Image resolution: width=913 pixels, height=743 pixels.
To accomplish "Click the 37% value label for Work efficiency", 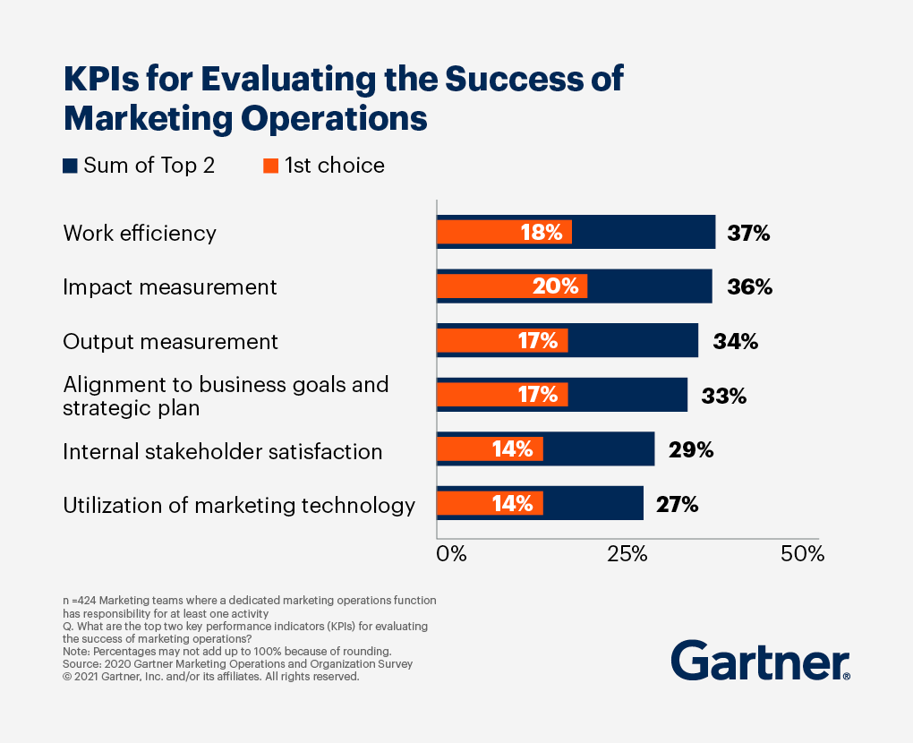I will pos(748,233).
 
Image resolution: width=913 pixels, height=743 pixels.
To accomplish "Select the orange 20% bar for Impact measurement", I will pos(511,286).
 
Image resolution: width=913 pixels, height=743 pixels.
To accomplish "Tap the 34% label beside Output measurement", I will pos(736,341).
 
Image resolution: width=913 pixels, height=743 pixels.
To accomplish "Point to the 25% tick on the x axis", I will pos(627,554).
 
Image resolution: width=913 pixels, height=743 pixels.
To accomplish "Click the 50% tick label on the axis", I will pos(802,554).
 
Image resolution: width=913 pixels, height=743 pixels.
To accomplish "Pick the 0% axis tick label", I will pos(451,554).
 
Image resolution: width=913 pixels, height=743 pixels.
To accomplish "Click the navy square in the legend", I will pos(70,166).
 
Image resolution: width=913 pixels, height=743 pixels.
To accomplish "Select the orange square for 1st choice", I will pos(270,166).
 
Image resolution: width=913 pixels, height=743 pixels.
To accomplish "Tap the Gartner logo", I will pos(760,662).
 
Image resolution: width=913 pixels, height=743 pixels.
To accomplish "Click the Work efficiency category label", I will pos(140,234).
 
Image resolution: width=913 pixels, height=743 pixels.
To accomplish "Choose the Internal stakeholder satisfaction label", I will pos(223,452).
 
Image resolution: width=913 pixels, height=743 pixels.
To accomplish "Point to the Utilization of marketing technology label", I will pos(239,506).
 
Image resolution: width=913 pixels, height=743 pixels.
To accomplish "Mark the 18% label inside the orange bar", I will pos(542,233).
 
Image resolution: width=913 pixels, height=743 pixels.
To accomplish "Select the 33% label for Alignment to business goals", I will pos(724,396).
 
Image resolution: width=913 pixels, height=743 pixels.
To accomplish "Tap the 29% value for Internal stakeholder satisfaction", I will pos(691,450).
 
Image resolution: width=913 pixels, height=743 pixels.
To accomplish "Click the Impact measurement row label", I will pos(170,287).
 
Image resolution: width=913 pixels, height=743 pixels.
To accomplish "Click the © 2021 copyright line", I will pos(210,677).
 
